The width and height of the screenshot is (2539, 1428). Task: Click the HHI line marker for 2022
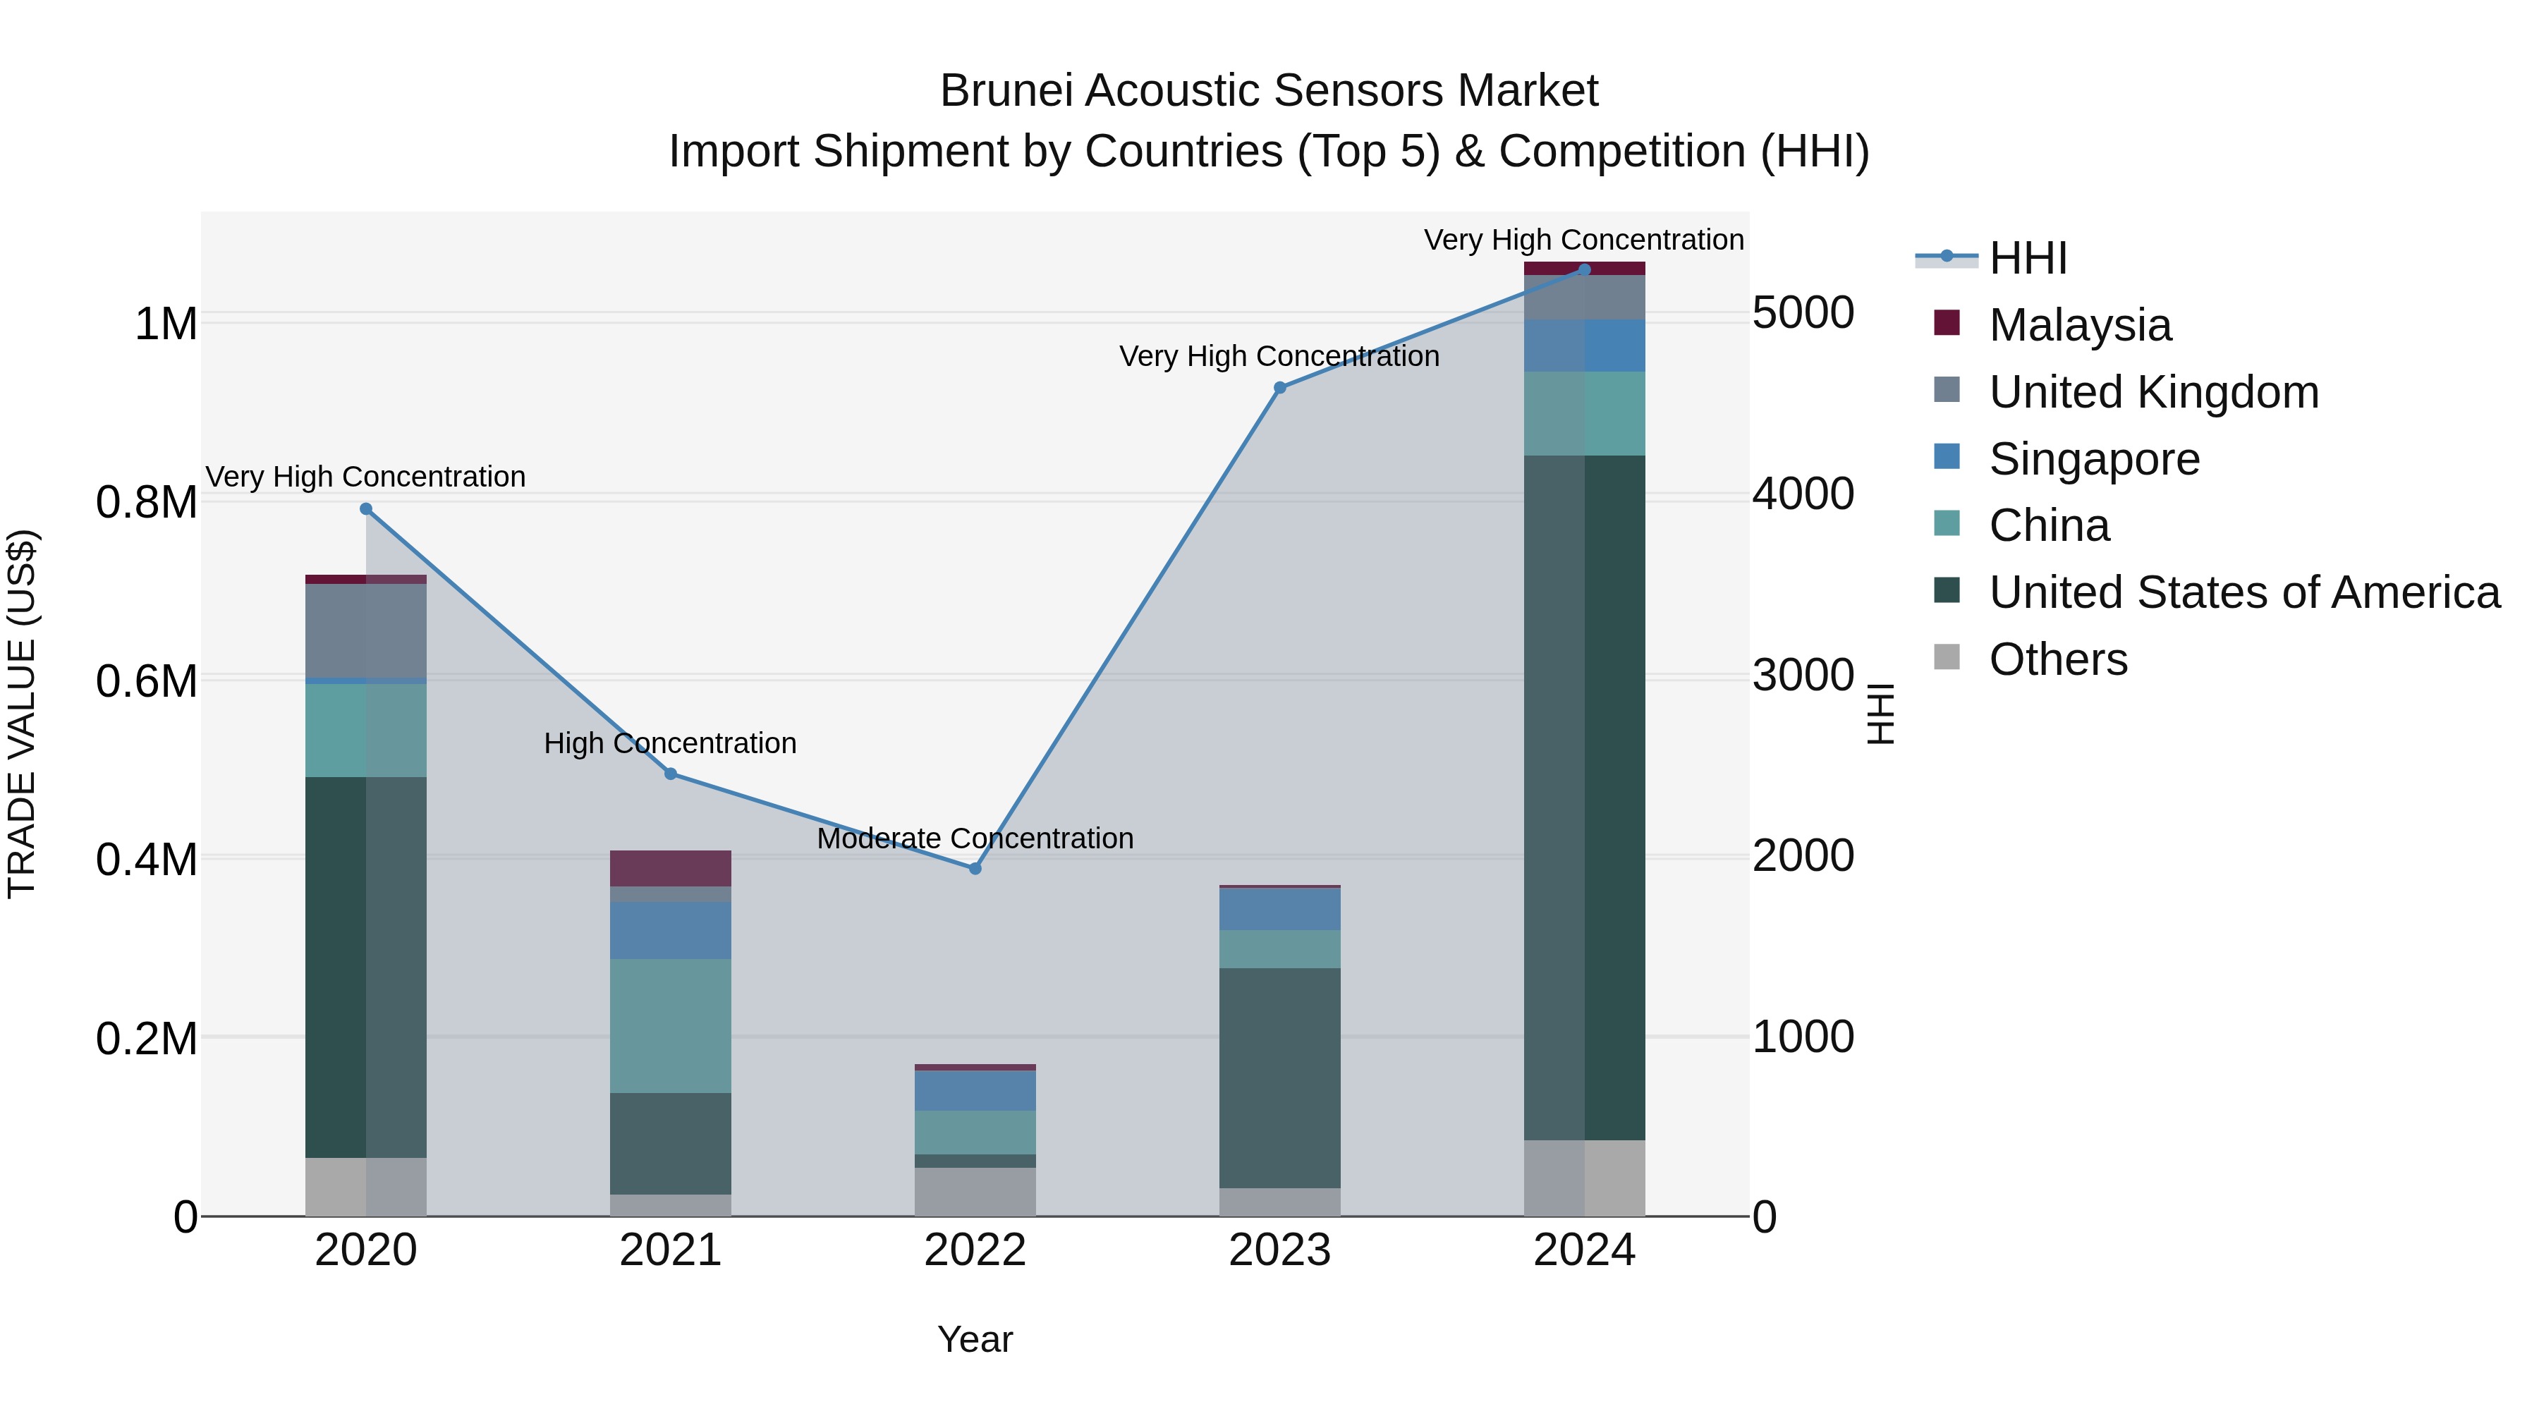(x=975, y=868)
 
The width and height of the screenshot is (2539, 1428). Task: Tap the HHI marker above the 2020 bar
(x=365, y=508)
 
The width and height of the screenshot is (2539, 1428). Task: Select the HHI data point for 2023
(x=1279, y=387)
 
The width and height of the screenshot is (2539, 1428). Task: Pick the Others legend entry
(x=2057, y=659)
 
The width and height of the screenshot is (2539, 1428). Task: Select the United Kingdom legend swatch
(x=1947, y=390)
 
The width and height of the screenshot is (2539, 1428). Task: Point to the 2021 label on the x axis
(x=670, y=1250)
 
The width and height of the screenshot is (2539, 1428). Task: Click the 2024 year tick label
(x=1584, y=1250)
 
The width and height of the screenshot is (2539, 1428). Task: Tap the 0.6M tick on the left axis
(x=147, y=681)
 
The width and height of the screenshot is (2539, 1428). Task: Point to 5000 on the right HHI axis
(x=1803, y=313)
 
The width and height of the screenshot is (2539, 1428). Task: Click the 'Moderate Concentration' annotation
(x=975, y=838)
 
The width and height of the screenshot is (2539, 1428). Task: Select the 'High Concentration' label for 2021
(x=670, y=743)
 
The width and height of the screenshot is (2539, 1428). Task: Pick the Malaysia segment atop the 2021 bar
(x=670, y=867)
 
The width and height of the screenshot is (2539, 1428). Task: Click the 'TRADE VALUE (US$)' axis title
(x=22, y=714)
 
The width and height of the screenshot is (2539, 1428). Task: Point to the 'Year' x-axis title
(x=975, y=1339)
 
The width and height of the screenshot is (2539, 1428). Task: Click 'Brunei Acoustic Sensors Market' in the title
(x=1269, y=91)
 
